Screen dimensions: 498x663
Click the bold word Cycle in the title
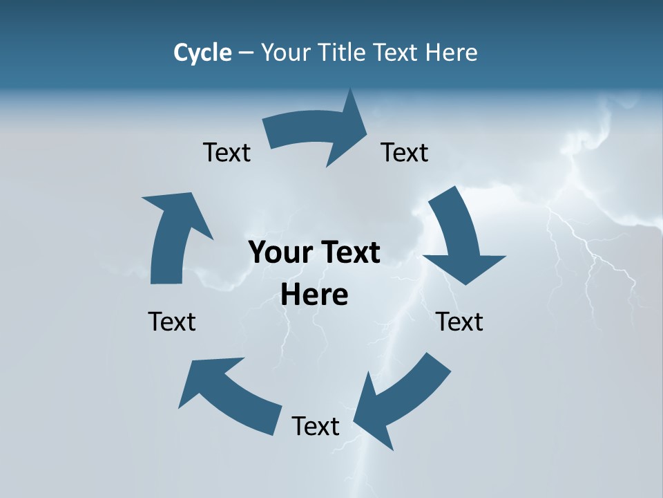tap(202, 53)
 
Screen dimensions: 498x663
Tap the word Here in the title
tap(451, 53)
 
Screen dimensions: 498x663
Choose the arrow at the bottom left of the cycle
tap(228, 394)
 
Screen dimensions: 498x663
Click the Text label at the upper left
tap(227, 153)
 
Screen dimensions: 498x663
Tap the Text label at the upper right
tap(405, 153)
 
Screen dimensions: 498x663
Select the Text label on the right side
tap(459, 322)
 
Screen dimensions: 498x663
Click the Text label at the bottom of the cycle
tap(316, 426)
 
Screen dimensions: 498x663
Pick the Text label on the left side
tap(172, 322)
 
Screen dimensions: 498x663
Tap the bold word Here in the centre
tap(314, 295)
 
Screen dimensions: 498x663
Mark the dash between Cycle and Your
tap(246, 53)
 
